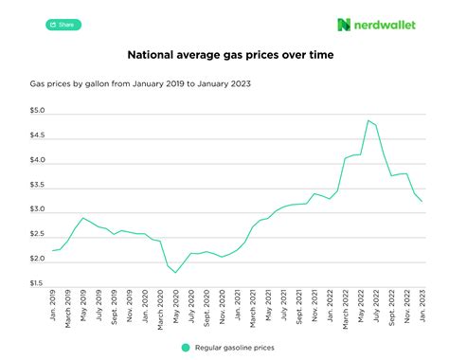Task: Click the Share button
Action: [63, 25]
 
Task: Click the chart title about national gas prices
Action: [224, 55]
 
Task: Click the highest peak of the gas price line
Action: [368, 120]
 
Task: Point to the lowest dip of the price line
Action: [175, 273]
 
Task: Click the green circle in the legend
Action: [186, 347]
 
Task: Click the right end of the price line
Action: [422, 202]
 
